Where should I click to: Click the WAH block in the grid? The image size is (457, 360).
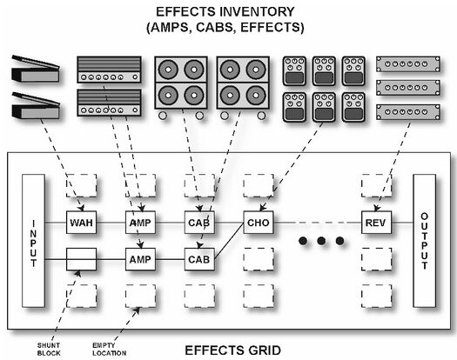point(81,223)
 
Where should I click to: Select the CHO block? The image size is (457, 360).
point(259,223)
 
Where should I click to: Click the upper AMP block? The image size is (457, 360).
point(140,223)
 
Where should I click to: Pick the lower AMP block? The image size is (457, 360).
point(140,258)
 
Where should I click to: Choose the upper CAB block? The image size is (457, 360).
point(198,223)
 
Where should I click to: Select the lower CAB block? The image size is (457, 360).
point(198,258)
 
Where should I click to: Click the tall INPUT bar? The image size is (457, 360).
point(33,240)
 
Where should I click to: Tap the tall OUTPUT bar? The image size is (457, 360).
point(424,240)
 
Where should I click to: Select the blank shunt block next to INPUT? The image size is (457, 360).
point(81,258)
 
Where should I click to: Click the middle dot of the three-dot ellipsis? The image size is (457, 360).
point(318,241)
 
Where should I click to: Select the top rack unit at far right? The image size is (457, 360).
point(405,64)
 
